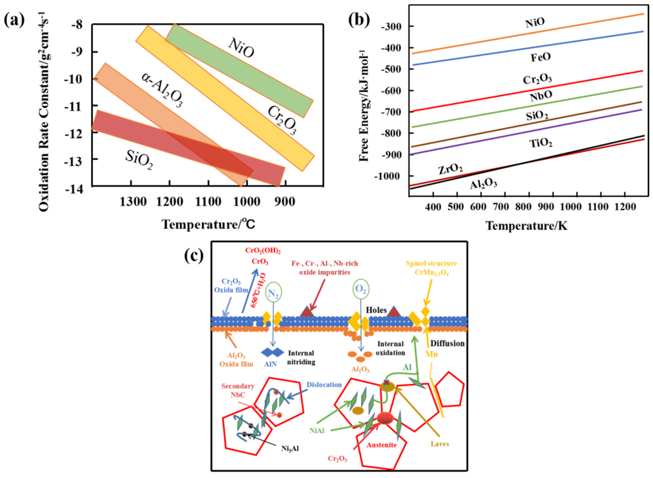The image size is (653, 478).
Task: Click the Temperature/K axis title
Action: point(527,226)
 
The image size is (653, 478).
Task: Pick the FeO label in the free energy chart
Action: point(541,57)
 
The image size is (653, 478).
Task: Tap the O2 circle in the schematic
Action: point(360,289)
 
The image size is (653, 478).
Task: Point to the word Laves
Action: point(440,444)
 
